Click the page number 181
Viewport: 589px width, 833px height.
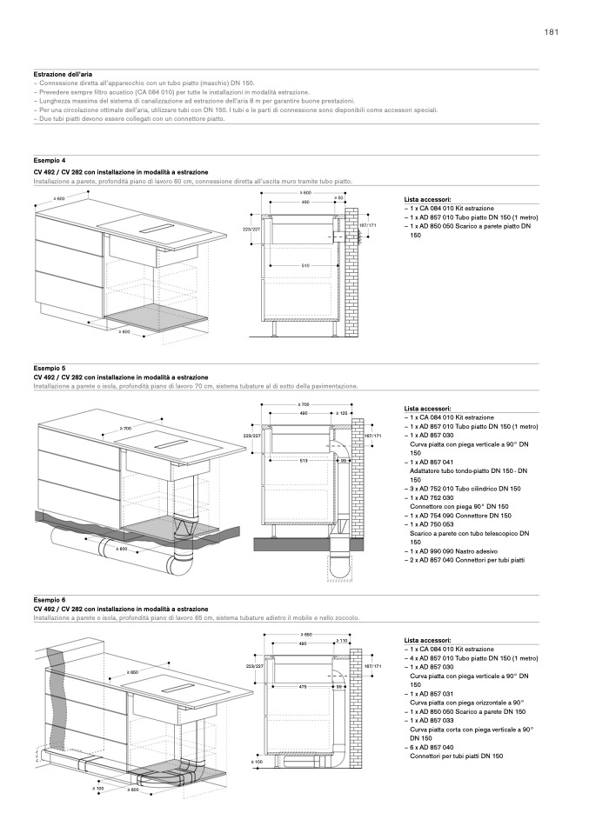[551, 32]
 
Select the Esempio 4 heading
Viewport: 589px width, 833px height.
[50, 161]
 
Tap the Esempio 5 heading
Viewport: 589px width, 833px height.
[50, 368]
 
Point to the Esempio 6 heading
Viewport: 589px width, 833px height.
[50, 600]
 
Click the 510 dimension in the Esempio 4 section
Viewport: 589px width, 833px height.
[305, 264]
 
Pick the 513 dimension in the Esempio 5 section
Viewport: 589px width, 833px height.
[304, 459]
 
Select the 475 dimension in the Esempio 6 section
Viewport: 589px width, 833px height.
[302, 686]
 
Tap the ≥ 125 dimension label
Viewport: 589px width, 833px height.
[342, 413]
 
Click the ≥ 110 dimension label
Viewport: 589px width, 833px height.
[342, 642]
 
